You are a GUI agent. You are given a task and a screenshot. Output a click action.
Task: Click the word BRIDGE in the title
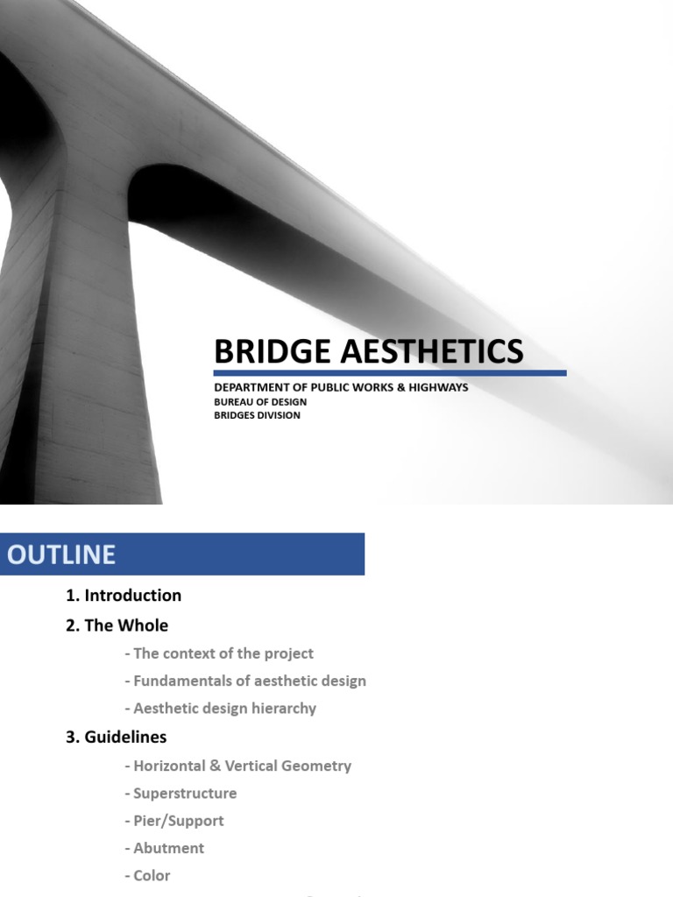click(259, 351)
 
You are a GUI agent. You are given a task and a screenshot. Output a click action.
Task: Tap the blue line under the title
click(390, 373)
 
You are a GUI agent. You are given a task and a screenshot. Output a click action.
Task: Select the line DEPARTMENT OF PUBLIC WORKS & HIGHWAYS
click(341, 387)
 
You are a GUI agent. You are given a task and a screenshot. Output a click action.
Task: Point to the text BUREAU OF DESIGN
click(260, 402)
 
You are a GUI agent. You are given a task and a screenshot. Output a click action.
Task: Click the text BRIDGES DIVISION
click(257, 415)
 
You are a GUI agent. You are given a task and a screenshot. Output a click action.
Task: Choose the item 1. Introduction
click(124, 596)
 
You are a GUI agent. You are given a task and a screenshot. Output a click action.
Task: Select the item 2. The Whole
click(117, 625)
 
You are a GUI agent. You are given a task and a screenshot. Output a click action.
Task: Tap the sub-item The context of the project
click(219, 653)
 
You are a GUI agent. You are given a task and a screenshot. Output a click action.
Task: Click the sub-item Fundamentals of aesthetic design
click(245, 681)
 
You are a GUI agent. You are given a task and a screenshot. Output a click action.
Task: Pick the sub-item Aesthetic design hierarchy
click(221, 709)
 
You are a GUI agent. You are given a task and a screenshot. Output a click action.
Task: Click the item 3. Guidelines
click(116, 737)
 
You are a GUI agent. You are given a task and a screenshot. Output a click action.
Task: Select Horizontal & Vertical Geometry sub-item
click(238, 766)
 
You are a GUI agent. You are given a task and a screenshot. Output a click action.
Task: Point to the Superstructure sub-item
click(181, 794)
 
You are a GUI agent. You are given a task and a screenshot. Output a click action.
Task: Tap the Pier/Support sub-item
click(174, 821)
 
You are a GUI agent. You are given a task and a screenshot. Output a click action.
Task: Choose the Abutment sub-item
click(166, 848)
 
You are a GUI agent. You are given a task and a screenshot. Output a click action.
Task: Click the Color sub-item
click(148, 875)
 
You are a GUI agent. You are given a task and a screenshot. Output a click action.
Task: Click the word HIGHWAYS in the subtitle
click(437, 387)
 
